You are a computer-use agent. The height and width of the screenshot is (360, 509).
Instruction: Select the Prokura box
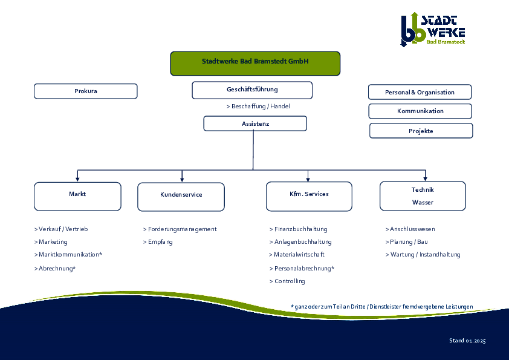(x=86, y=91)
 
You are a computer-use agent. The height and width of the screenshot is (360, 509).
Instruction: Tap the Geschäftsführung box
(x=252, y=90)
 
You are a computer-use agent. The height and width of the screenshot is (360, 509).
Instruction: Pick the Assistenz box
(x=255, y=123)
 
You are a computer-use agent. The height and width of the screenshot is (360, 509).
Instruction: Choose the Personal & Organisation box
(x=420, y=92)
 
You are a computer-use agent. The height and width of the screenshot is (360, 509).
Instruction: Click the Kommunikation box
(x=420, y=111)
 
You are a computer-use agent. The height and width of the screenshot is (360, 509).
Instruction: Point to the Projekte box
(x=421, y=131)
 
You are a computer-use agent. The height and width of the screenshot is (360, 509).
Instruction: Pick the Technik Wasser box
(x=423, y=196)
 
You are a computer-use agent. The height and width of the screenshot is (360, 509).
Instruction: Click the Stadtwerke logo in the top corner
(x=433, y=28)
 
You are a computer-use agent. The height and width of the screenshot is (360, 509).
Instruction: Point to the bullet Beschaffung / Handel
(x=258, y=106)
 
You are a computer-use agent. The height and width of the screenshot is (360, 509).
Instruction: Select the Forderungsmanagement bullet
(x=180, y=229)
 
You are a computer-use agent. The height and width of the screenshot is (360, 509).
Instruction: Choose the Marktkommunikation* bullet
(x=68, y=255)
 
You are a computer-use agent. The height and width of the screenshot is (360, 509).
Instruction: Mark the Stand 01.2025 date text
(x=467, y=341)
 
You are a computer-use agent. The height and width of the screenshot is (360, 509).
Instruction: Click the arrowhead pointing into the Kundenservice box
(x=182, y=179)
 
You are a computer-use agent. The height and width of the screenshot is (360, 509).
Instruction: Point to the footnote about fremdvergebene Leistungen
(x=381, y=307)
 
